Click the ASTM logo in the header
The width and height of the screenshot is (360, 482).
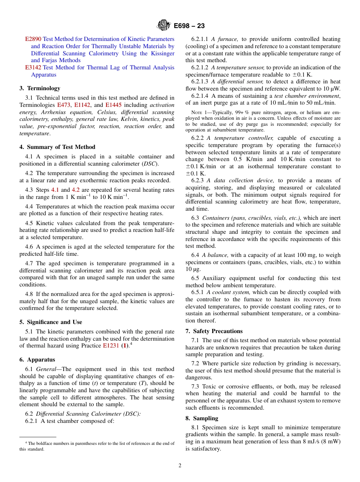coord(164,26)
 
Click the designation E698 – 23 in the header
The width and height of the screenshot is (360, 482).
coord(189,26)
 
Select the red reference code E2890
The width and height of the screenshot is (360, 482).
coord(33,39)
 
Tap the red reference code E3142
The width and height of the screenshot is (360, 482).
coord(33,67)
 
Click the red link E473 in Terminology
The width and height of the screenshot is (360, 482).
coord(63,105)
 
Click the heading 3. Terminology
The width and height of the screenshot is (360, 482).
coord(40,88)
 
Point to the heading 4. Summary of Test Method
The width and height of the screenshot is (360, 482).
coord(57,147)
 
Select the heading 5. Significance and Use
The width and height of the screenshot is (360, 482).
coord(50,322)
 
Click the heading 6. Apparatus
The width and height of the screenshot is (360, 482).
coord(37,360)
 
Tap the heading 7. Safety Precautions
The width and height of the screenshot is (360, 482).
coord(214,331)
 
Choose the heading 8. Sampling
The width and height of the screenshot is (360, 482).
coord(202,418)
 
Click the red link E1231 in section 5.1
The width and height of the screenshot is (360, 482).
coord(111,346)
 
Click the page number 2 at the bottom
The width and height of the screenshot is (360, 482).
coord(180,466)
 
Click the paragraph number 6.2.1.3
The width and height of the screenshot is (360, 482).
coord(200,81)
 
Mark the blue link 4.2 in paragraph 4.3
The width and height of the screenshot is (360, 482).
coord(76,190)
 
